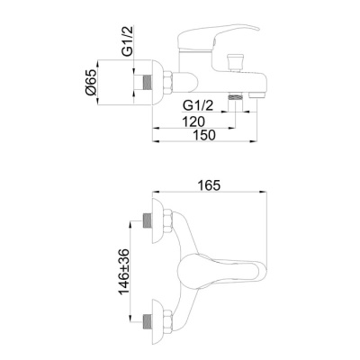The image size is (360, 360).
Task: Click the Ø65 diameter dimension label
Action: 92,82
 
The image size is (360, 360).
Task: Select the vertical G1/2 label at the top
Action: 127,40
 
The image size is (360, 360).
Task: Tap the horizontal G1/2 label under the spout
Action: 198,105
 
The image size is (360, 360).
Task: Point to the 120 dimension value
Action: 193,121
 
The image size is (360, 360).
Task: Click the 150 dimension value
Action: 204,135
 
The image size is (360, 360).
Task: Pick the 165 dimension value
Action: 209,185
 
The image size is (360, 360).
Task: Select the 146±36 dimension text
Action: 124,272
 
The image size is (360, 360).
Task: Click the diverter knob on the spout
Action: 235,62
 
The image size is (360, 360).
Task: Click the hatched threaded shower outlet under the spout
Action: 235,97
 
